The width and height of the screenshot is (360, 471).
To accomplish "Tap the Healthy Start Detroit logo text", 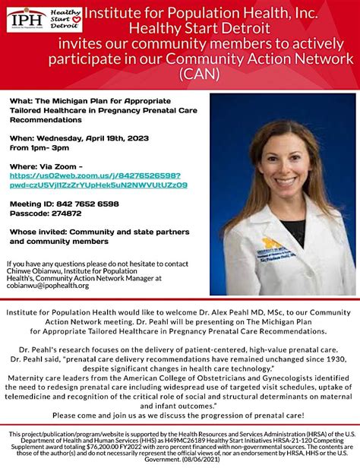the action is [x=66, y=19].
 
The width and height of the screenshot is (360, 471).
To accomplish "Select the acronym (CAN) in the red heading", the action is [x=201, y=73].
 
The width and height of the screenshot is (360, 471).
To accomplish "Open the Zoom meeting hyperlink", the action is [x=98, y=179].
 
